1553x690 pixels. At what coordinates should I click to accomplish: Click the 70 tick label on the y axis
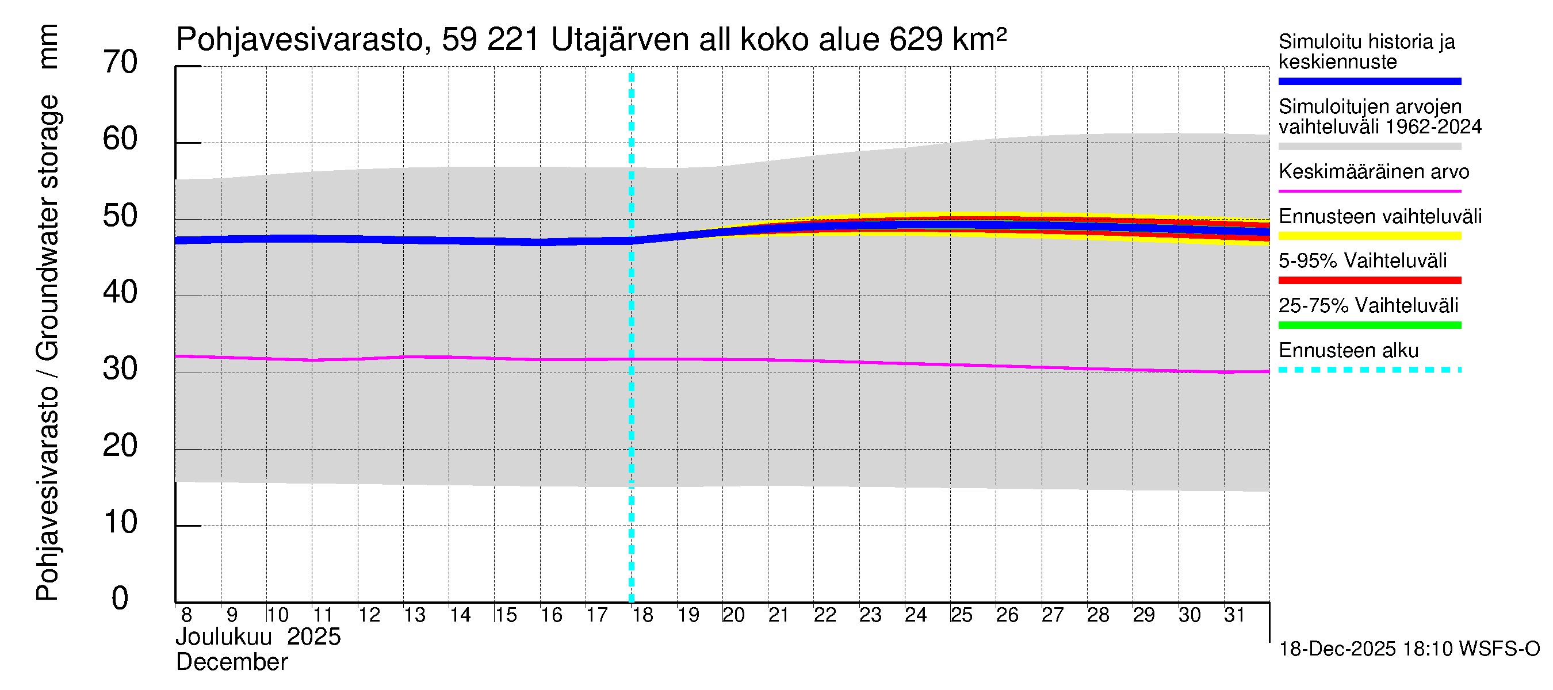120,62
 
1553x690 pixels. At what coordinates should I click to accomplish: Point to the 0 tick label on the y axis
120,599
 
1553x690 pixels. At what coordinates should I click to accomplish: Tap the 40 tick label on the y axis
120,292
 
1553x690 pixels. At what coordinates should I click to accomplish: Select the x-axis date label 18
642,615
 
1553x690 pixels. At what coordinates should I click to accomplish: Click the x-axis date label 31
1234,615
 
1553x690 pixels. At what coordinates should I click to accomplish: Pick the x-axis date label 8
186,615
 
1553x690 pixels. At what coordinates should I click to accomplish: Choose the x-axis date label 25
961,615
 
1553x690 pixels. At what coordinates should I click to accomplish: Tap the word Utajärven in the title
619,40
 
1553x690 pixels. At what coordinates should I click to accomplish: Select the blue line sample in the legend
1369,81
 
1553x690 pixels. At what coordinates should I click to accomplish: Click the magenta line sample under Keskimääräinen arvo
1369,191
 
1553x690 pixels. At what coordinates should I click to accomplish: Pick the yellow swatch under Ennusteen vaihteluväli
1369,236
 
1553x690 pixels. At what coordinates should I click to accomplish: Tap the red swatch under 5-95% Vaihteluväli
1369,280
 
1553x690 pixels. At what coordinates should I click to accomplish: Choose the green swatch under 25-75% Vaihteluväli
1369,325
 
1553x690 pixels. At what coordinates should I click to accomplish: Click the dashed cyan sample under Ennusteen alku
1369,370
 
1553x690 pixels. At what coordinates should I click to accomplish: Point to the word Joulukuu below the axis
224,637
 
